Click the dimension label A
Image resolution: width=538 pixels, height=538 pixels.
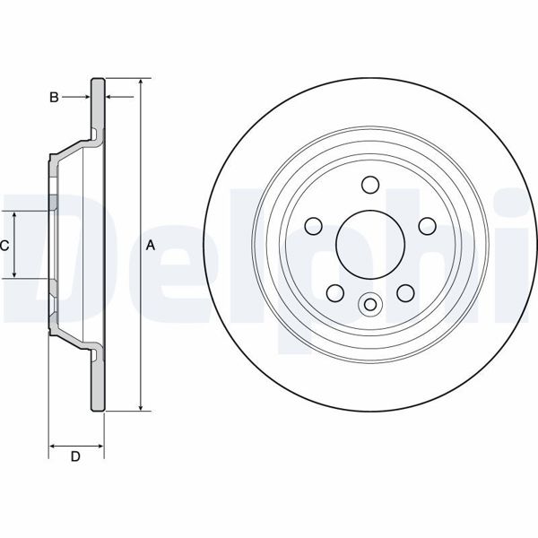[151, 245]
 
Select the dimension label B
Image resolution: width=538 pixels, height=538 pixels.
[54, 96]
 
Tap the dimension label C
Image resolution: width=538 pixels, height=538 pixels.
[5, 245]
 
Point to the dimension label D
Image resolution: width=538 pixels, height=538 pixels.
[75, 457]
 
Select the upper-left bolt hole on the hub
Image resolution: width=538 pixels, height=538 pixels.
[313, 226]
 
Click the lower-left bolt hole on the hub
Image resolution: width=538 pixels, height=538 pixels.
[334, 292]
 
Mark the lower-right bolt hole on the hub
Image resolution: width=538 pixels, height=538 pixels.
[404, 292]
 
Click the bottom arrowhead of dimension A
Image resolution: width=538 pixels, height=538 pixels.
[141, 408]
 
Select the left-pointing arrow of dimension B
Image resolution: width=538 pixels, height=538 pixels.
[111, 96]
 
